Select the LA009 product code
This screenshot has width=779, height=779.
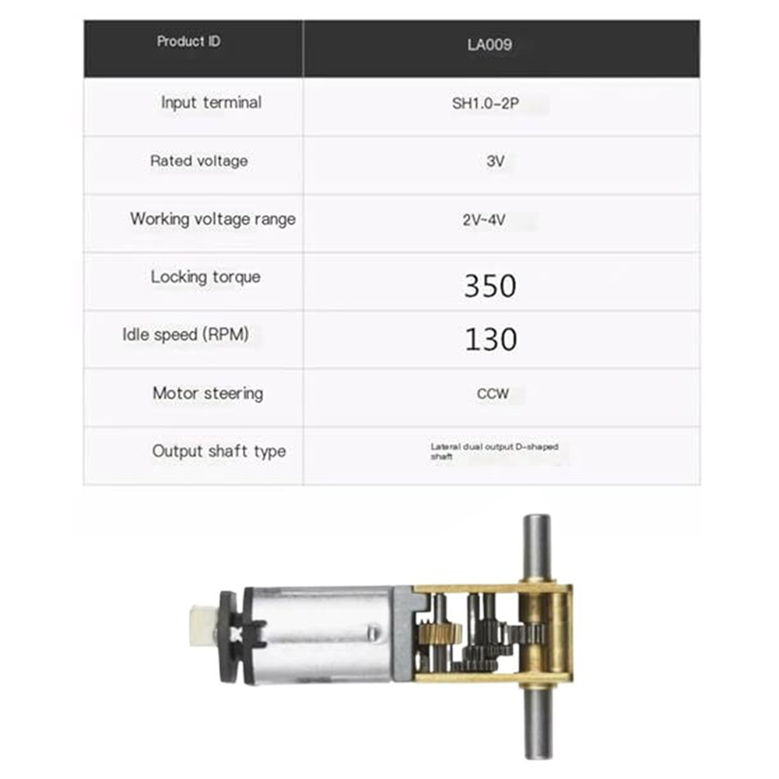(490, 44)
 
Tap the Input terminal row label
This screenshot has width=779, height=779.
(211, 103)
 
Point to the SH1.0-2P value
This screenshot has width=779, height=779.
(486, 104)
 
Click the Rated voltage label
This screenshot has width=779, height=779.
(198, 160)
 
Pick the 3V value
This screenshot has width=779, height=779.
(495, 161)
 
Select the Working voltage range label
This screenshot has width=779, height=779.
(212, 219)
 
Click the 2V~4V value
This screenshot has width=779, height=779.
(484, 219)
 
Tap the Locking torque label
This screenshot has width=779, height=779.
(205, 277)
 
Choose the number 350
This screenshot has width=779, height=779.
(490, 286)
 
